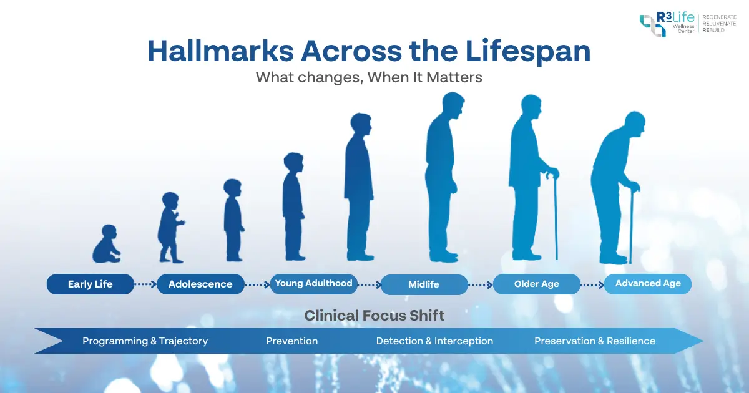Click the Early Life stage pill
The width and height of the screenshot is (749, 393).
tap(91, 284)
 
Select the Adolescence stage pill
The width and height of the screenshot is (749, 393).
tap(200, 284)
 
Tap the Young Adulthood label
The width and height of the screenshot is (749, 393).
tap(314, 283)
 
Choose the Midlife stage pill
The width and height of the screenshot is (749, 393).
tap(424, 284)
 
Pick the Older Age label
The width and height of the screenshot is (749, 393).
tap(537, 284)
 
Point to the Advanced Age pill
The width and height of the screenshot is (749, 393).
tap(648, 283)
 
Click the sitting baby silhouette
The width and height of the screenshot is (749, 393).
tap(106, 245)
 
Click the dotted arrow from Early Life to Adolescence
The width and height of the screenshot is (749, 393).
tap(145, 284)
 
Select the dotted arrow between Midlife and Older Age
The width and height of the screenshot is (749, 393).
tap(481, 284)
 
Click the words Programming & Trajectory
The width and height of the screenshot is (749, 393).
tap(145, 341)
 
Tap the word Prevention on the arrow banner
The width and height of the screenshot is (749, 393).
tap(291, 341)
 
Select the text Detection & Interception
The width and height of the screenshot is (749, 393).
tap(434, 341)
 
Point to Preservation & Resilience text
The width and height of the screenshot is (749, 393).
tap(595, 341)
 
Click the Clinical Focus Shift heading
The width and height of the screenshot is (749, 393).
tap(374, 316)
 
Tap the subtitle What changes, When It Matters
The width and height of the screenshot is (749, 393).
tap(370, 79)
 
